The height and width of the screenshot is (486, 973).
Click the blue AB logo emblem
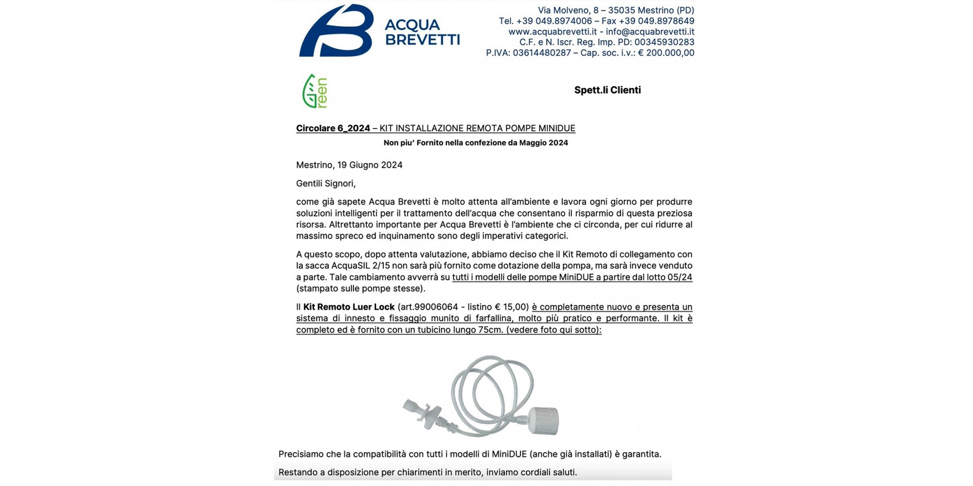[336, 31]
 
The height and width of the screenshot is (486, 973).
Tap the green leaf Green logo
[315, 91]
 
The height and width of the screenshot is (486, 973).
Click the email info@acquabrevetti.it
[650, 32]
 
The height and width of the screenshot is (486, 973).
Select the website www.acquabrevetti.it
[552, 32]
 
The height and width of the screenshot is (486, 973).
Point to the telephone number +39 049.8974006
[554, 21]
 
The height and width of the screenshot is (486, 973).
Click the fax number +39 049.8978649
[656, 21]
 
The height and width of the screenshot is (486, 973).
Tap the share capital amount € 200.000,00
[666, 53]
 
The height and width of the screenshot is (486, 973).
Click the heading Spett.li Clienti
[607, 90]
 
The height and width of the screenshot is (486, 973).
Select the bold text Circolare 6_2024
[333, 129]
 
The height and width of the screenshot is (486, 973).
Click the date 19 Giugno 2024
[370, 165]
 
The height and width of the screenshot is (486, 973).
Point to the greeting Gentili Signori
[325, 184]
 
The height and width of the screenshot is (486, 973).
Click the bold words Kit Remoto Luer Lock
[349, 307]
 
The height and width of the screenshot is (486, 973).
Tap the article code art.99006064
[428, 307]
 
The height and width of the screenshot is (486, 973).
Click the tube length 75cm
[490, 330]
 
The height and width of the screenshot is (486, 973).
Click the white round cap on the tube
[543, 421]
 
